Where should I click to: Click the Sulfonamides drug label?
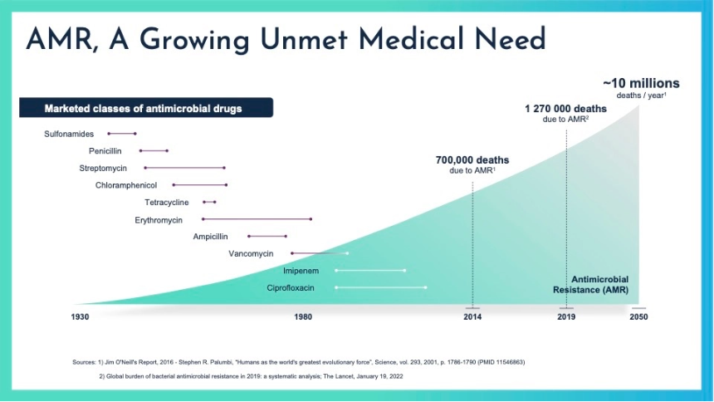pyautogui.click(x=68, y=134)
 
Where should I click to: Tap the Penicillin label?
pyautogui.click(x=105, y=151)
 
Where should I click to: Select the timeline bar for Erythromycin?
pyautogui.click(x=257, y=219)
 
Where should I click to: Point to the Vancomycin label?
pyautogui.click(x=251, y=253)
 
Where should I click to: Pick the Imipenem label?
pyautogui.click(x=301, y=271)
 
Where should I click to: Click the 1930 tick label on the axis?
pyautogui.click(x=81, y=317)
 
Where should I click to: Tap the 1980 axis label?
pyautogui.click(x=302, y=317)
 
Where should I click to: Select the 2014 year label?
pyautogui.click(x=472, y=317)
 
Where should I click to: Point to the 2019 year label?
pyautogui.click(x=566, y=317)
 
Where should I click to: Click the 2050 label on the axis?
pyautogui.click(x=638, y=317)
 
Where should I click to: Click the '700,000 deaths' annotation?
pyautogui.click(x=472, y=160)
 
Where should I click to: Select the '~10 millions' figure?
pyautogui.click(x=641, y=83)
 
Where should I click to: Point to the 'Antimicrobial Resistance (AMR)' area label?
pyautogui.click(x=591, y=285)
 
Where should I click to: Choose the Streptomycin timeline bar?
pyautogui.click(x=184, y=168)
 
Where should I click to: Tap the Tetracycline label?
pyautogui.click(x=167, y=203)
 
